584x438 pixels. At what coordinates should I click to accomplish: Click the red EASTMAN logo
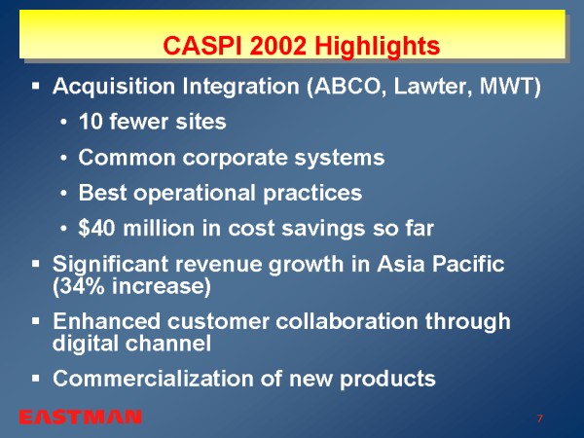(81, 418)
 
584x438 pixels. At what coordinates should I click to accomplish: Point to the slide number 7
(540, 419)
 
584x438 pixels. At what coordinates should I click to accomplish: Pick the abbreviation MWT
(507, 86)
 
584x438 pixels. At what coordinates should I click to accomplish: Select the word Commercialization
(153, 379)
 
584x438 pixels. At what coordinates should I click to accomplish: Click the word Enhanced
(106, 321)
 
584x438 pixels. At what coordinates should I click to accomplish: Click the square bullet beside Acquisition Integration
(36, 87)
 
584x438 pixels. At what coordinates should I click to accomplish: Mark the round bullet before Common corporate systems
(63, 158)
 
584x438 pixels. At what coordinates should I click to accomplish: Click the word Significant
(110, 265)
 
